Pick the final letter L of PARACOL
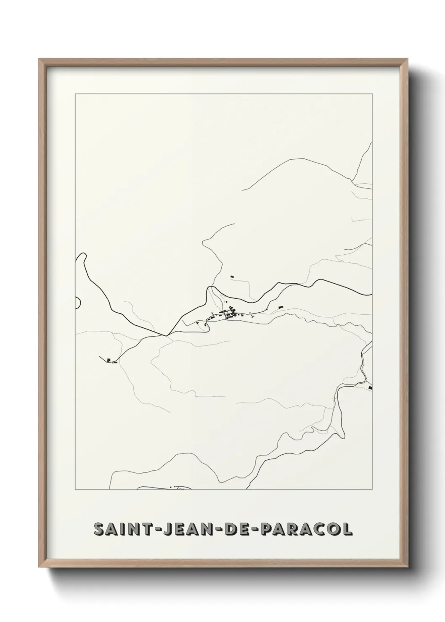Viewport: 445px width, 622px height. (347, 530)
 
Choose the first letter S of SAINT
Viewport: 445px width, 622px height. (100, 530)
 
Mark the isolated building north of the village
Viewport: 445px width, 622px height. (231, 277)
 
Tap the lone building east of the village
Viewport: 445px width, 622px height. (278, 307)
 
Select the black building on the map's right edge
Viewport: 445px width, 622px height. (370, 387)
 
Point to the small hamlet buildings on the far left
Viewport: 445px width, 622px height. (110, 361)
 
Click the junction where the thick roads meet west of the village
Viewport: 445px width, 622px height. (167, 335)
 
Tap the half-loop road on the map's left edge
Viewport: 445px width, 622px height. (79, 302)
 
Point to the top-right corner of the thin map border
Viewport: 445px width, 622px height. (372, 94)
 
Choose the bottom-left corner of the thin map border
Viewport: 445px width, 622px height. (75, 490)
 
